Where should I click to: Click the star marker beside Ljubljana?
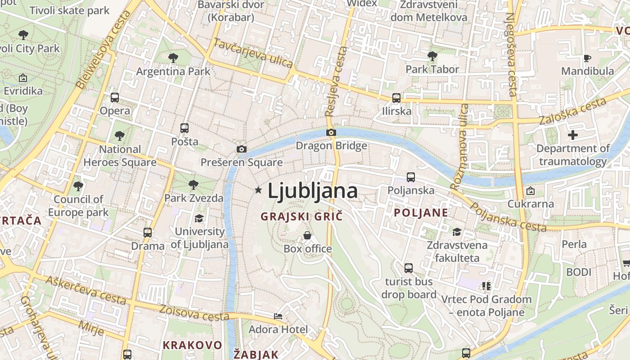(258, 190)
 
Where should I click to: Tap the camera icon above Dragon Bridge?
(331, 132)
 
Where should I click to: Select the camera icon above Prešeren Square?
(242, 149)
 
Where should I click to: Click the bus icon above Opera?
(115, 97)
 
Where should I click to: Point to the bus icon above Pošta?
(184, 128)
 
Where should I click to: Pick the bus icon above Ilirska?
(396, 98)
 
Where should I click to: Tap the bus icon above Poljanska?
(411, 177)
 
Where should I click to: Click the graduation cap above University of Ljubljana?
(199, 218)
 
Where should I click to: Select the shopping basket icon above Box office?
(307, 235)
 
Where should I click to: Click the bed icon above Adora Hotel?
(278, 316)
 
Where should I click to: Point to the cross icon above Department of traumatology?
(572, 135)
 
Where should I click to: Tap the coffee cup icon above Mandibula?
(587, 58)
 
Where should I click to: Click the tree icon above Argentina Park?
(173, 58)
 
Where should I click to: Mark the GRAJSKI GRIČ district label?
(301, 216)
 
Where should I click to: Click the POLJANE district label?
(421, 213)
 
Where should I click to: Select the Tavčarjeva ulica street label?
(253, 53)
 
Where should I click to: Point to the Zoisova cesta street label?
(194, 311)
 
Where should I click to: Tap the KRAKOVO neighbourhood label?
(192, 345)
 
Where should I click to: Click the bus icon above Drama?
(148, 233)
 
